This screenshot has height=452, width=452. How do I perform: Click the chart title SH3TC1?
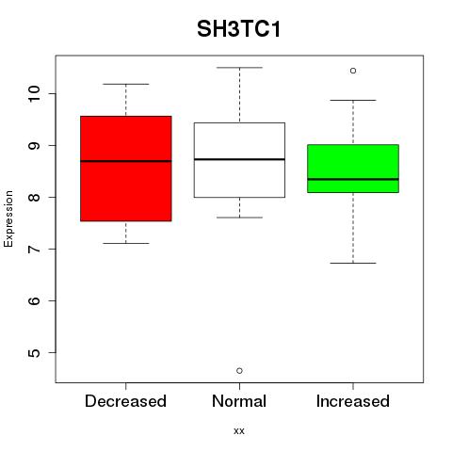(x=238, y=29)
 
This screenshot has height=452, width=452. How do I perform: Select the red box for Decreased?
(x=126, y=169)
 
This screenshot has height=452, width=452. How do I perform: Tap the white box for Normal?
(x=239, y=160)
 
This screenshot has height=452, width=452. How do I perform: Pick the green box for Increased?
(x=353, y=169)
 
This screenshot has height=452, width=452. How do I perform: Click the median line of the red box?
(x=126, y=161)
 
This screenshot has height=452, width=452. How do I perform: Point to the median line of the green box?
(x=353, y=179)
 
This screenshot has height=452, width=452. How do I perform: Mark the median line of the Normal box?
(x=239, y=159)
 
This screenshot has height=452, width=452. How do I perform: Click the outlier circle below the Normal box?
(x=239, y=371)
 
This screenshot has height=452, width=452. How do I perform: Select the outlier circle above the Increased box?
(x=353, y=71)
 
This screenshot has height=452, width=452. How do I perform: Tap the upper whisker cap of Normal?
(x=239, y=68)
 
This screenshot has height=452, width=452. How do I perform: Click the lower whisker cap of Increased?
(x=353, y=263)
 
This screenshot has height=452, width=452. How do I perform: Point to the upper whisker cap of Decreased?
(x=126, y=84)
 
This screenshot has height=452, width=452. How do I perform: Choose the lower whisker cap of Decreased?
(x=126, y=243)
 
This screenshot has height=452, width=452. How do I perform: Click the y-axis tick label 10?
(x=34, y=93)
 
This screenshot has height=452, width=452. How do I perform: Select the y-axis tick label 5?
(x=34, y=352)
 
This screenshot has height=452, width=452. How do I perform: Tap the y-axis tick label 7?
(x=34, y=249)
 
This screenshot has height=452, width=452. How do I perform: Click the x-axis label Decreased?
(x=125, y=401)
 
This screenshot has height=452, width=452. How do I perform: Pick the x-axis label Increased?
(x=353, y=401)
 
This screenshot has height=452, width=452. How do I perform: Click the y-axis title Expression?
(x=8, y=218)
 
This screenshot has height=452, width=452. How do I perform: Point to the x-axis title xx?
(x=239, y=430)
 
